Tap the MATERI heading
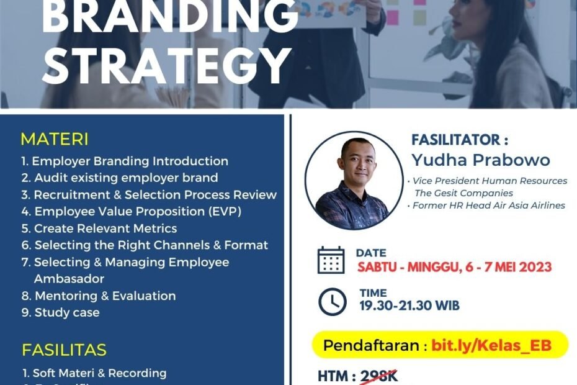click(x=55, y=138)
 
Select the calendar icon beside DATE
click(x=331, y=260)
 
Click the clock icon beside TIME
click(x=332, y=302)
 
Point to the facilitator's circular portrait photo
click(x=354, y=180)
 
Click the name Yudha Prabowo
click(x=480, y=160)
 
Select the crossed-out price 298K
click(x=378, y=376)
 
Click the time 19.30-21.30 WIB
click(x=409, y=305)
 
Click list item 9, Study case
click(x=60, y=312)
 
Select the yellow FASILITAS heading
click(x=64, y=350)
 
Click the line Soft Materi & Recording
click(x=94, y=373)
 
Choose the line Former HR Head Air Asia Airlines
click(x=489, y=205)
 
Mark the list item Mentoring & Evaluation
click(x=99, y=296)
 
